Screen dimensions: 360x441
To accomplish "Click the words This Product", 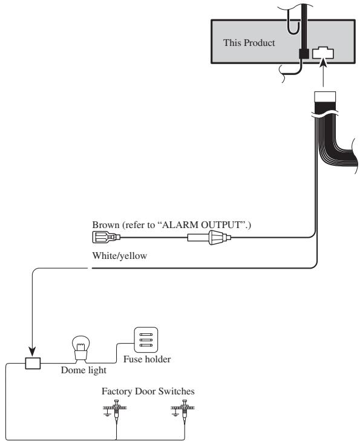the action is pyautogui.click(x=249, y=43).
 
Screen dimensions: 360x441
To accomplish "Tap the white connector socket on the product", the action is pyautogui.click(x=323, y=53).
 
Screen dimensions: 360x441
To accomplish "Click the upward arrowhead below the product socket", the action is pyautogui.click(x=324, y=64).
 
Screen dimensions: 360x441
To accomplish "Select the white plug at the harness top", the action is pyautogui.click(x=325, y=96).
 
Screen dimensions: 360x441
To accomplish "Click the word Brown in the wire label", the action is pyautogui.click(x=105, y=225).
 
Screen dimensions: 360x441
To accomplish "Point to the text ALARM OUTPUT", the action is pyautogui.click(x=203, y=225).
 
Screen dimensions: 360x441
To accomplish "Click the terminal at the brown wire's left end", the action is pyautogui.click(x=106, y=237).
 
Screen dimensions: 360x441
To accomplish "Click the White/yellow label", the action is pyautogui.click(x=120, y=256).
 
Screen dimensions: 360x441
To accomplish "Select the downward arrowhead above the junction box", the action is pyautogui.click(x=32, y=351).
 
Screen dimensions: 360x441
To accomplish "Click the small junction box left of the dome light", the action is pyautogui.click(x=33, y=363).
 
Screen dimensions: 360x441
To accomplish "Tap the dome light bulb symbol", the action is pyautogui.click(x=80, y=348).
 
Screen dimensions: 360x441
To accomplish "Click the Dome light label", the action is pyautogui.click(x=83, y=370).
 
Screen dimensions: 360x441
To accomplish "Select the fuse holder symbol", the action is pyautogui.click(x=146, y=340).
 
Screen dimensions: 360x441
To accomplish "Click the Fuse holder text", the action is pyautogui.click(x=147, y=359).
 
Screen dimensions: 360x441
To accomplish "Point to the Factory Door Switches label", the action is pyautogui.click(x=148, y=391).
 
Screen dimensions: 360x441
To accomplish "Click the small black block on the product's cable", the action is pyautogui.click(x=304, y=53).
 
